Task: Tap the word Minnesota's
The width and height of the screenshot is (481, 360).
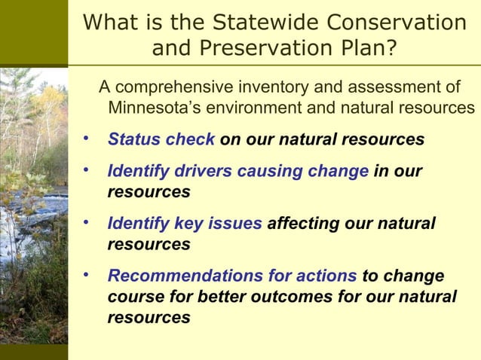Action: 155,108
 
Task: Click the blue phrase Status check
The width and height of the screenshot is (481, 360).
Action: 161,140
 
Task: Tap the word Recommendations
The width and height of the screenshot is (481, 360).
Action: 191,276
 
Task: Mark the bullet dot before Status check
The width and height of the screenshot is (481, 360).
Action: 87,139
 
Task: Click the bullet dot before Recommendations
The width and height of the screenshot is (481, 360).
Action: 87,275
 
